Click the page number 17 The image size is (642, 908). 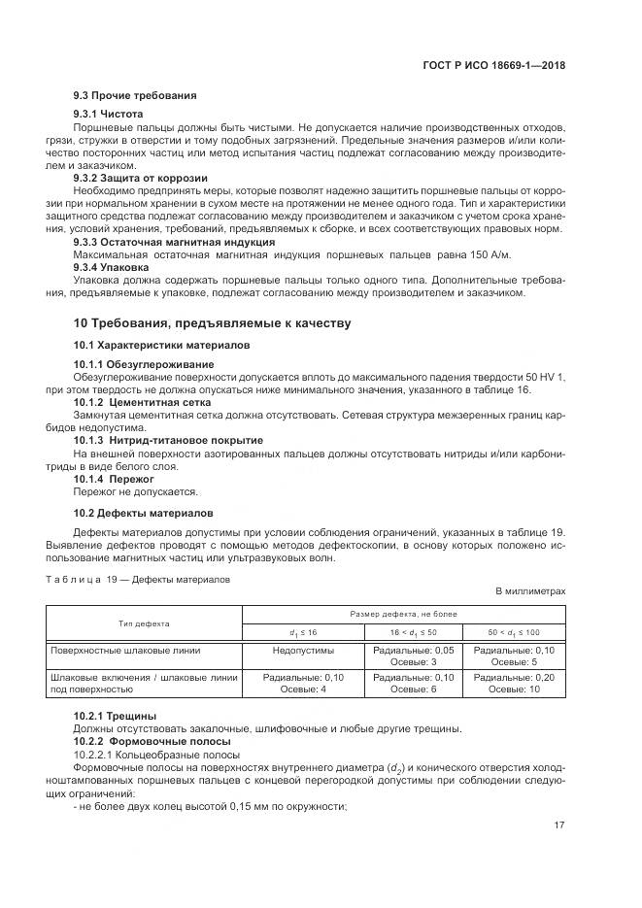tap(559, 826)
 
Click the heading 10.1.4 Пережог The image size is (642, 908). tap(115, 479)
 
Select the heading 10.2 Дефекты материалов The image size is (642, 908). tap(137, 512)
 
